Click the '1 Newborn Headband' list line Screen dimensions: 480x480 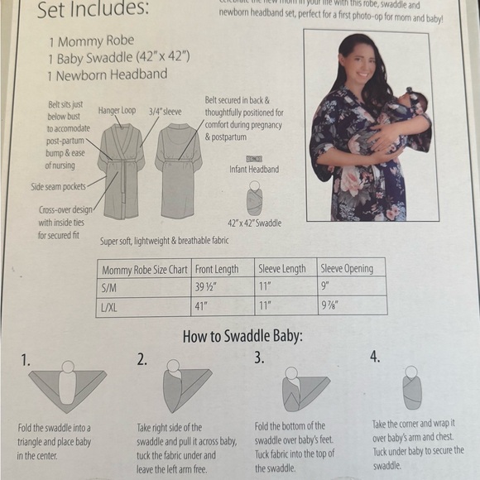point(108,74)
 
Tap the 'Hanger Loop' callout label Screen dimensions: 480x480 point(117,109)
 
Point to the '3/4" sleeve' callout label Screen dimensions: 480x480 point(165,109)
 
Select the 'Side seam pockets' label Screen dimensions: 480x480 point(59,187)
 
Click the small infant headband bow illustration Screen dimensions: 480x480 point(254,158)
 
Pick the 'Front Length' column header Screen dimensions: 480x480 point(217,269)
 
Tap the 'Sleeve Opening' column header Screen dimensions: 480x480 point(347,269)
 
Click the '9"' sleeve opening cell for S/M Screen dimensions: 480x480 point(325,287)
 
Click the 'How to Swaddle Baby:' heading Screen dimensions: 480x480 point(239,338)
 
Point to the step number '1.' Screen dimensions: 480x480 point(26,361)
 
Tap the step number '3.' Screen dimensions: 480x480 point(259,358)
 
